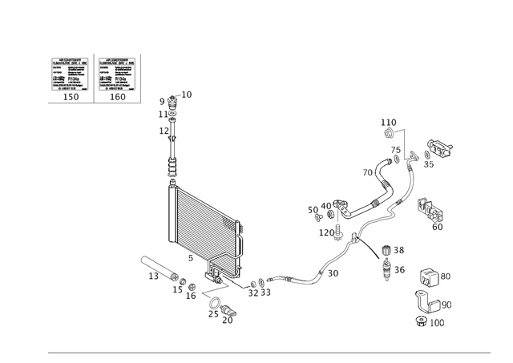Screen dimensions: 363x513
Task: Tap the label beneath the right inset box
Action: tap(119, 98)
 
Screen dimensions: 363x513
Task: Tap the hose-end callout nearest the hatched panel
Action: tap(259, 287)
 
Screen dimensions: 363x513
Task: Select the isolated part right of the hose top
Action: tap(440, 148)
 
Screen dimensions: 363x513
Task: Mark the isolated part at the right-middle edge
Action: tap(433, 212)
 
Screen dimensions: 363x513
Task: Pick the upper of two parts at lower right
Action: tap(430, 280)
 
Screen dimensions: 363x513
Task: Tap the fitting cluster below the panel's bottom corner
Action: tap(218, 305)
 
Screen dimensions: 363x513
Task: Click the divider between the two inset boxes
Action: tap(95, 79)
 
